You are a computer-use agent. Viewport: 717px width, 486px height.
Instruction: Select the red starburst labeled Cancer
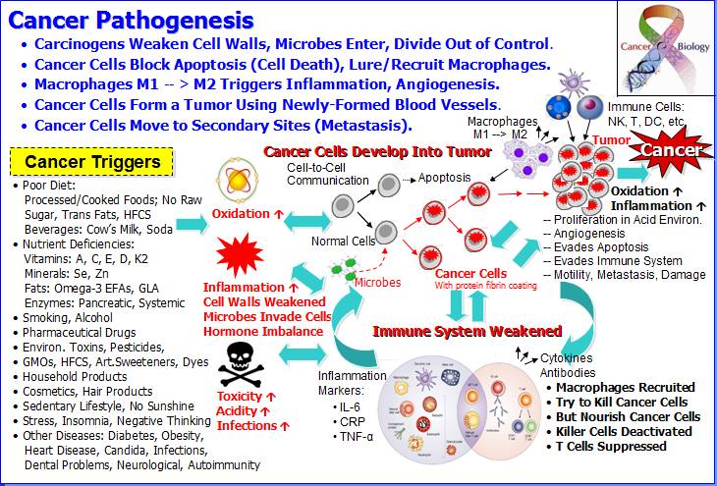[673, 150]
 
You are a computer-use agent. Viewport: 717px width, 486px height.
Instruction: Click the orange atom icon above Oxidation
[241, 182]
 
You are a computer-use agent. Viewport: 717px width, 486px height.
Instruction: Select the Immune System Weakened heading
[468, 331]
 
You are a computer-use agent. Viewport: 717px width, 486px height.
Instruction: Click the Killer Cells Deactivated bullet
[624, 431]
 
